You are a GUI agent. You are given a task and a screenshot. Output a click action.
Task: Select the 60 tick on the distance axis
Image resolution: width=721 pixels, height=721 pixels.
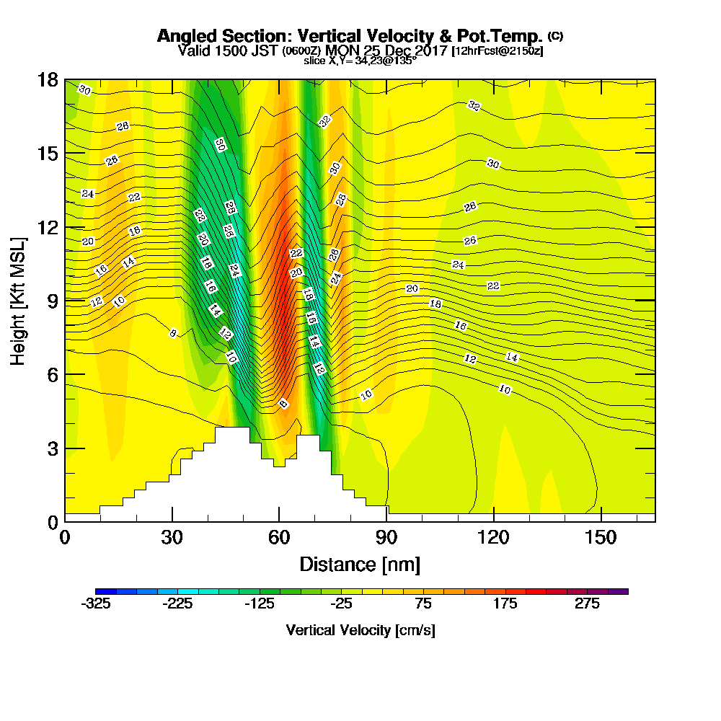click(x=279, y=538)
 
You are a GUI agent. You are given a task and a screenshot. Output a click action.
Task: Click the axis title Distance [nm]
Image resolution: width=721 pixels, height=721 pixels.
click(x=360, y=564)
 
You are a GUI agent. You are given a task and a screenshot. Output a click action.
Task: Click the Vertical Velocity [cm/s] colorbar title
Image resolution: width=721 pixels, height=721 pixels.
click(x=360, y=630)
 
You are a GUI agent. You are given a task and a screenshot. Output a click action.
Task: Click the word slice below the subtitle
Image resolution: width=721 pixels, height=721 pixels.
click(x=315, y=60)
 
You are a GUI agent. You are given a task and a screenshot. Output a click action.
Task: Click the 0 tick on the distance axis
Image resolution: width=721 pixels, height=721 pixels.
click(x=65, y=538)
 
